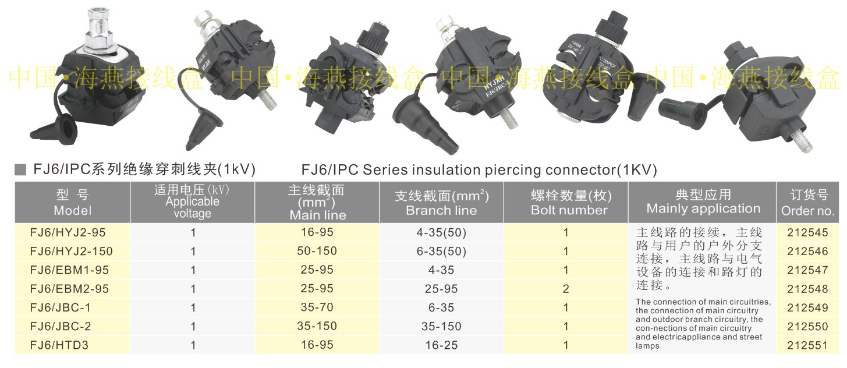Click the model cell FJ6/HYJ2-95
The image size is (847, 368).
coord(68,232)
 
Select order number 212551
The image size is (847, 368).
coord(807,345)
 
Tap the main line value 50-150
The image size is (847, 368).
coord(317,251)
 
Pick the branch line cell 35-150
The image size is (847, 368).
coord(441,326)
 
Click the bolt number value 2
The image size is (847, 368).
coord(566,289)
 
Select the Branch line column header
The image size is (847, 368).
coord(441,203)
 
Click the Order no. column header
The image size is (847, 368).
coord(807,203)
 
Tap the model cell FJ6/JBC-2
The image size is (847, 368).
coord(61,326)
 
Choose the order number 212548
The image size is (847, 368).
coord(807,289)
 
